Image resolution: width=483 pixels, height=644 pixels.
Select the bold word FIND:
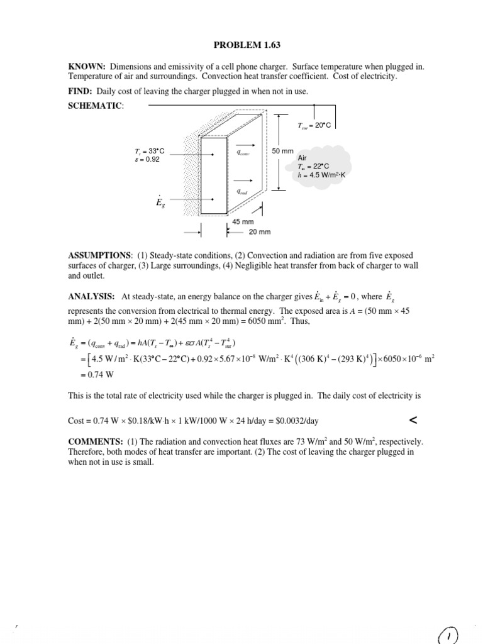coord(81,91)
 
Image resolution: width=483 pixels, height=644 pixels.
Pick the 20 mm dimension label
coord(260,231)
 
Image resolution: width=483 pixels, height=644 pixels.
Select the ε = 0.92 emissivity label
coord(148,159)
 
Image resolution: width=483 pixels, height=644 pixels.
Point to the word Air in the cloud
coord(302,158)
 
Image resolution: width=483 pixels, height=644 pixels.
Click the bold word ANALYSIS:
coord(91,296)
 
